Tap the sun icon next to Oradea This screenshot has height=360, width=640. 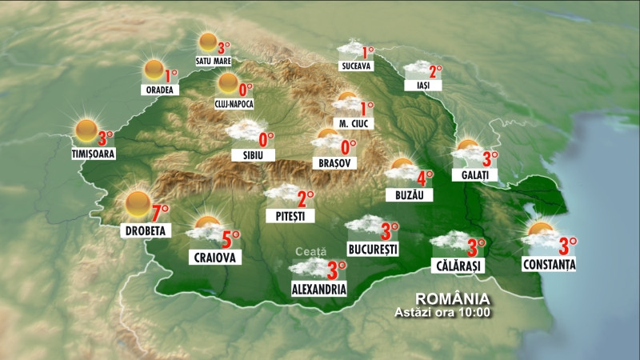(154, 70)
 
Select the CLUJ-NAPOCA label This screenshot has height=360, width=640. (234, 103)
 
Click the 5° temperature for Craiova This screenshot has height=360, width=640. (230, 238)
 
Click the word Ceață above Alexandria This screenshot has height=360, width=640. (311, 251)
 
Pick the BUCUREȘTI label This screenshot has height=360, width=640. (373, 250)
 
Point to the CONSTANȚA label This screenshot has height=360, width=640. (549, 263)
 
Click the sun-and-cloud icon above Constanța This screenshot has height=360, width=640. (541, 233)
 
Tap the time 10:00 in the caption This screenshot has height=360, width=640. (473, 312)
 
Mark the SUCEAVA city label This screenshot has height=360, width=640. (355, 66)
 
